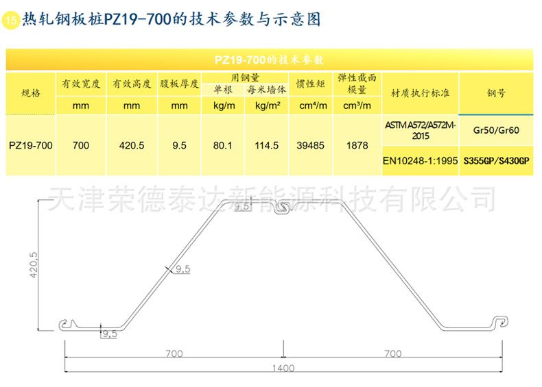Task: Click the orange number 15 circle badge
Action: pyautogui.click(x=12, y=21)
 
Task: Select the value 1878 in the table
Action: pyautogui.click(x=357, y=145)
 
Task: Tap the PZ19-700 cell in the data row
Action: pyautogui.click(x=31, y=145)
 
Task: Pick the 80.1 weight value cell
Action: pyautogui.click(x=223, y=145)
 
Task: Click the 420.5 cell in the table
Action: pyautogui.click(x=132, y=145)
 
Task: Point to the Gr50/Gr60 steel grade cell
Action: pyautogui.click(x=497, y=128)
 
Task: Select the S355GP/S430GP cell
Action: pyautogui.click(x=497, y=162)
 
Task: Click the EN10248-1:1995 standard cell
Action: pyautogui.click(x=420, y=162)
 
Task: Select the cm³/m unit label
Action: pyautogui.click(x=357, y=105)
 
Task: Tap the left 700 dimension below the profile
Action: pyautogui.click(x=174, y=353)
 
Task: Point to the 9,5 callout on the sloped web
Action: pyautogui.click(x=182, y=269)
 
